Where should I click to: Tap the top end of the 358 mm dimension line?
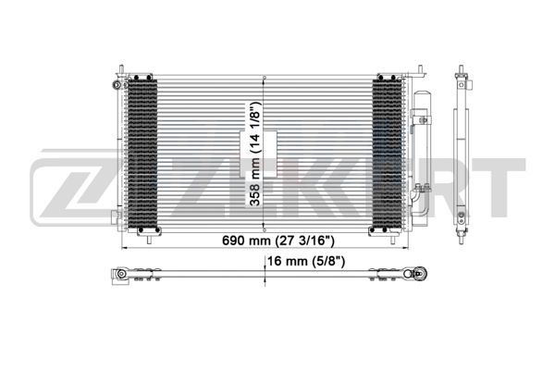tap(265, 78)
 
